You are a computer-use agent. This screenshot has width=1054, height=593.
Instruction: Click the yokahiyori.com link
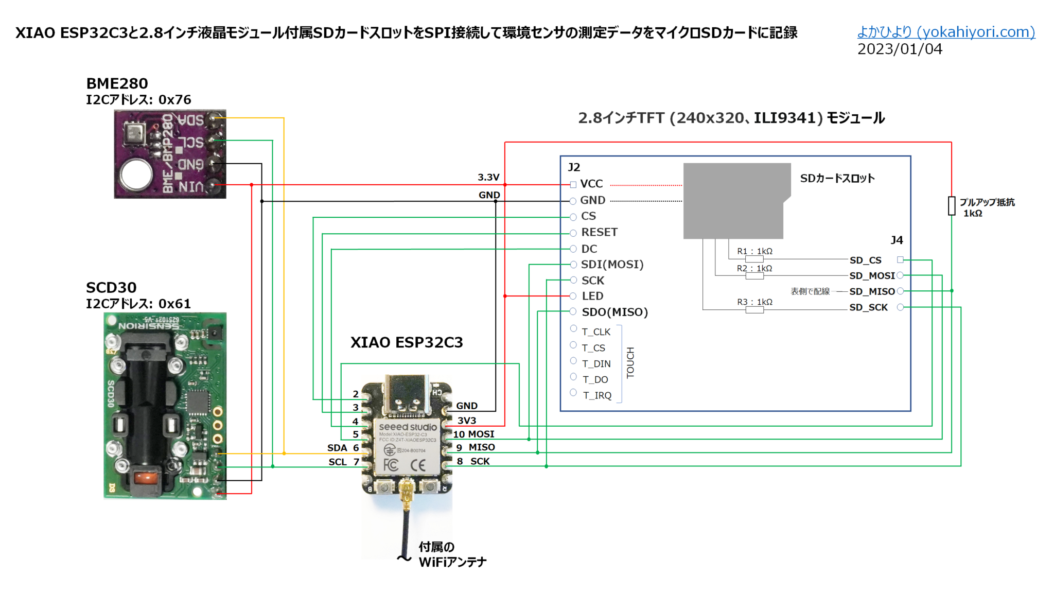[x=945, y=32]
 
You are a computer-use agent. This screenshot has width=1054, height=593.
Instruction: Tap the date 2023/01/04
[x=900, y=49]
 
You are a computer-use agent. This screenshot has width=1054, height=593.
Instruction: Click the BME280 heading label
[x=117, y=83]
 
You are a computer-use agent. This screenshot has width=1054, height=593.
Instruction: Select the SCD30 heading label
[x=111, y=287]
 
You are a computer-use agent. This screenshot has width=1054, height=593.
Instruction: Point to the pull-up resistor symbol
[x=952, y=206]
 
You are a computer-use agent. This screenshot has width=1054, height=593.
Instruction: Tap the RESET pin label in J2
[x=599, y=232]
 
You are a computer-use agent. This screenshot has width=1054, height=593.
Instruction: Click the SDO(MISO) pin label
[x=614, y=312]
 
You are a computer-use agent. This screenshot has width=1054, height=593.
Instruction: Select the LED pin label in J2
[x=592, y=296]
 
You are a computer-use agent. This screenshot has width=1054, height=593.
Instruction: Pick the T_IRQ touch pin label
[x=597, y=395]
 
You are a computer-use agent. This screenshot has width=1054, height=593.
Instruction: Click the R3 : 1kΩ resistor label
[x=754, y=302]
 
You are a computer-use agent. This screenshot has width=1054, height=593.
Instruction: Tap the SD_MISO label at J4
[x=872, y=291]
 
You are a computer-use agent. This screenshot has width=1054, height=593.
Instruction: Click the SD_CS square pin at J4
[x=900, y=260]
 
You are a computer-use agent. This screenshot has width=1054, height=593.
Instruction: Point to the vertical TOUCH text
[x=630, y=362]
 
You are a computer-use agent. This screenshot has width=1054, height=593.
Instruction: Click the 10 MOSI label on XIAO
[x=473, y=434]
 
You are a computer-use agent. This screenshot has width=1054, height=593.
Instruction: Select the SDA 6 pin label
[x=343, y=448]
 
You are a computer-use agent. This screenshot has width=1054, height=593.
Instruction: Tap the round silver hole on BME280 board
[x=136, y=173]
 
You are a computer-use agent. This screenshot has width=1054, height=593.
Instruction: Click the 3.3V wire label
[x=488, y=177]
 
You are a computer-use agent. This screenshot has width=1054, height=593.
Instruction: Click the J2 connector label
[x=574, y=167]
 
